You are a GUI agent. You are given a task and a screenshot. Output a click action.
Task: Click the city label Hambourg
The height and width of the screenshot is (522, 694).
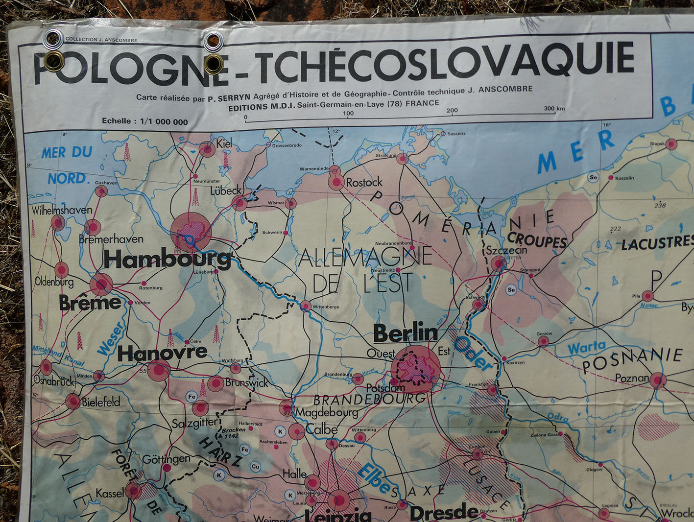pyautogui.click(x=167, y=259)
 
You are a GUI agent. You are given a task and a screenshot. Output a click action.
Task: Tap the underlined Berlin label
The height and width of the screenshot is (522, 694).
pyautogui.click(x=405, y=333)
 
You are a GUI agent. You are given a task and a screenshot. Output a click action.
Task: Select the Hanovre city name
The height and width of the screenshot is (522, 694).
pyautogui.click(x=162, y=353)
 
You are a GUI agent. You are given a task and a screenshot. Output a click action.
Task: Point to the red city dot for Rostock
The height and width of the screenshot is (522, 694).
pyautogui.click(x=336, y=183)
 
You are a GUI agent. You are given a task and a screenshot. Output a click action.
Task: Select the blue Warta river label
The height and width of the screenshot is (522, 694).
pyautogui.click(x=586, y=348)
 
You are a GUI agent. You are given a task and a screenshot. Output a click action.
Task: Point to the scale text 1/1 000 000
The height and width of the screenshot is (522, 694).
pyautogui.click(x=164, y=121)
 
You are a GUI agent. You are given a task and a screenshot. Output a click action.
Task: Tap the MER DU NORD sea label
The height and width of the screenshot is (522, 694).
pyautogui.click(x=67, y=165)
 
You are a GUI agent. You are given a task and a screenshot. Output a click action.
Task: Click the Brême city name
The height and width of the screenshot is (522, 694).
pyautogui.click(x=90, y=303)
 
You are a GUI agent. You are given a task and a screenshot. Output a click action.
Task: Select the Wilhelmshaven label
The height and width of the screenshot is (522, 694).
pyautogui.click(x=62, y=210)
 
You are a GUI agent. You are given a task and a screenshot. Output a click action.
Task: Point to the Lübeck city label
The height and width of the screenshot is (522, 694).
pyautogui.click(x=226, y=190)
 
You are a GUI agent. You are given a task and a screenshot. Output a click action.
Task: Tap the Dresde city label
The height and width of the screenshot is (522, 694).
pyautogui.click(x=444, y=512)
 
